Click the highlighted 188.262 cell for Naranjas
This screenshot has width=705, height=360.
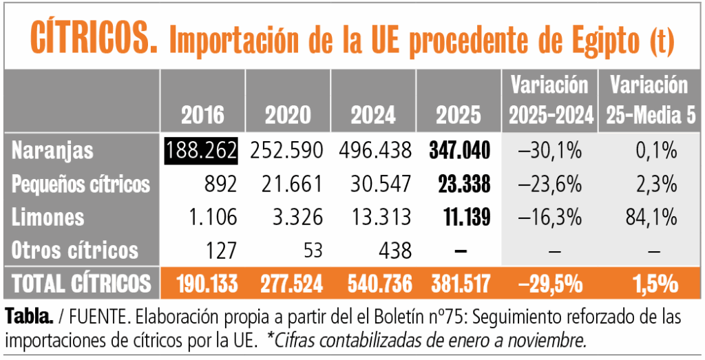(201, 150)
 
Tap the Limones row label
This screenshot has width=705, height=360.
(48, 218)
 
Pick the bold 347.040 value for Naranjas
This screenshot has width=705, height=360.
(460, 150)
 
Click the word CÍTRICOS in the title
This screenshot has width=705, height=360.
(89, 39)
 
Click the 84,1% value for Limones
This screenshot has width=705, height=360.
(647, 218)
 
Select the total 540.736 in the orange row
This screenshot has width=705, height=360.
(373, 284)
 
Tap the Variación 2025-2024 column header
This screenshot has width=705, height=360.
(550, 100)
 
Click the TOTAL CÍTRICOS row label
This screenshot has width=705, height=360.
(81, 284)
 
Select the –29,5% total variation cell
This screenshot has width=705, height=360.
(550, 284)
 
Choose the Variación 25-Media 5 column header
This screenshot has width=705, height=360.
(647, 100)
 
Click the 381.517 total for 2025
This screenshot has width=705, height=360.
(460, 284)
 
